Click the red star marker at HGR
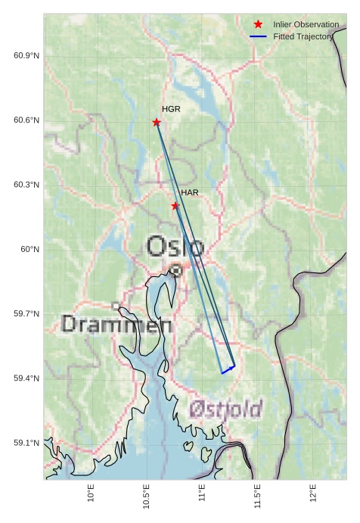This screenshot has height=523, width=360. click(157, 123)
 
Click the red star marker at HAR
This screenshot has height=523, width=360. click(175, 206)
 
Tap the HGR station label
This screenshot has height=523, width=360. click(171, 110)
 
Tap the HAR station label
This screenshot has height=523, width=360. click(189, 193)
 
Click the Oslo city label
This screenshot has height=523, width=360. click(175, 247)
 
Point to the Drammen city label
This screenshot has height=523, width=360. click(116, 325)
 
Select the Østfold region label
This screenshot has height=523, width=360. click(225, 409)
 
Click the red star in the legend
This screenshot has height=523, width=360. click(258, 25)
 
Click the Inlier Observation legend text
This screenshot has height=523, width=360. click(306, 25)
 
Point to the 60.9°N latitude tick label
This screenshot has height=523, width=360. click(26, 57)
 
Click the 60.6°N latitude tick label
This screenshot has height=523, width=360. click(26, 121)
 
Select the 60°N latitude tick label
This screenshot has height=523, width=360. click(30, 250)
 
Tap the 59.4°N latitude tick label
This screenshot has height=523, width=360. click(26, 378)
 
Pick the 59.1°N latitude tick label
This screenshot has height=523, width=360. click(26, 443)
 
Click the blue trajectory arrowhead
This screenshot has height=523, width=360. click(232, 367)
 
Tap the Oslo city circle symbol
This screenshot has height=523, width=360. click(175, 270)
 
